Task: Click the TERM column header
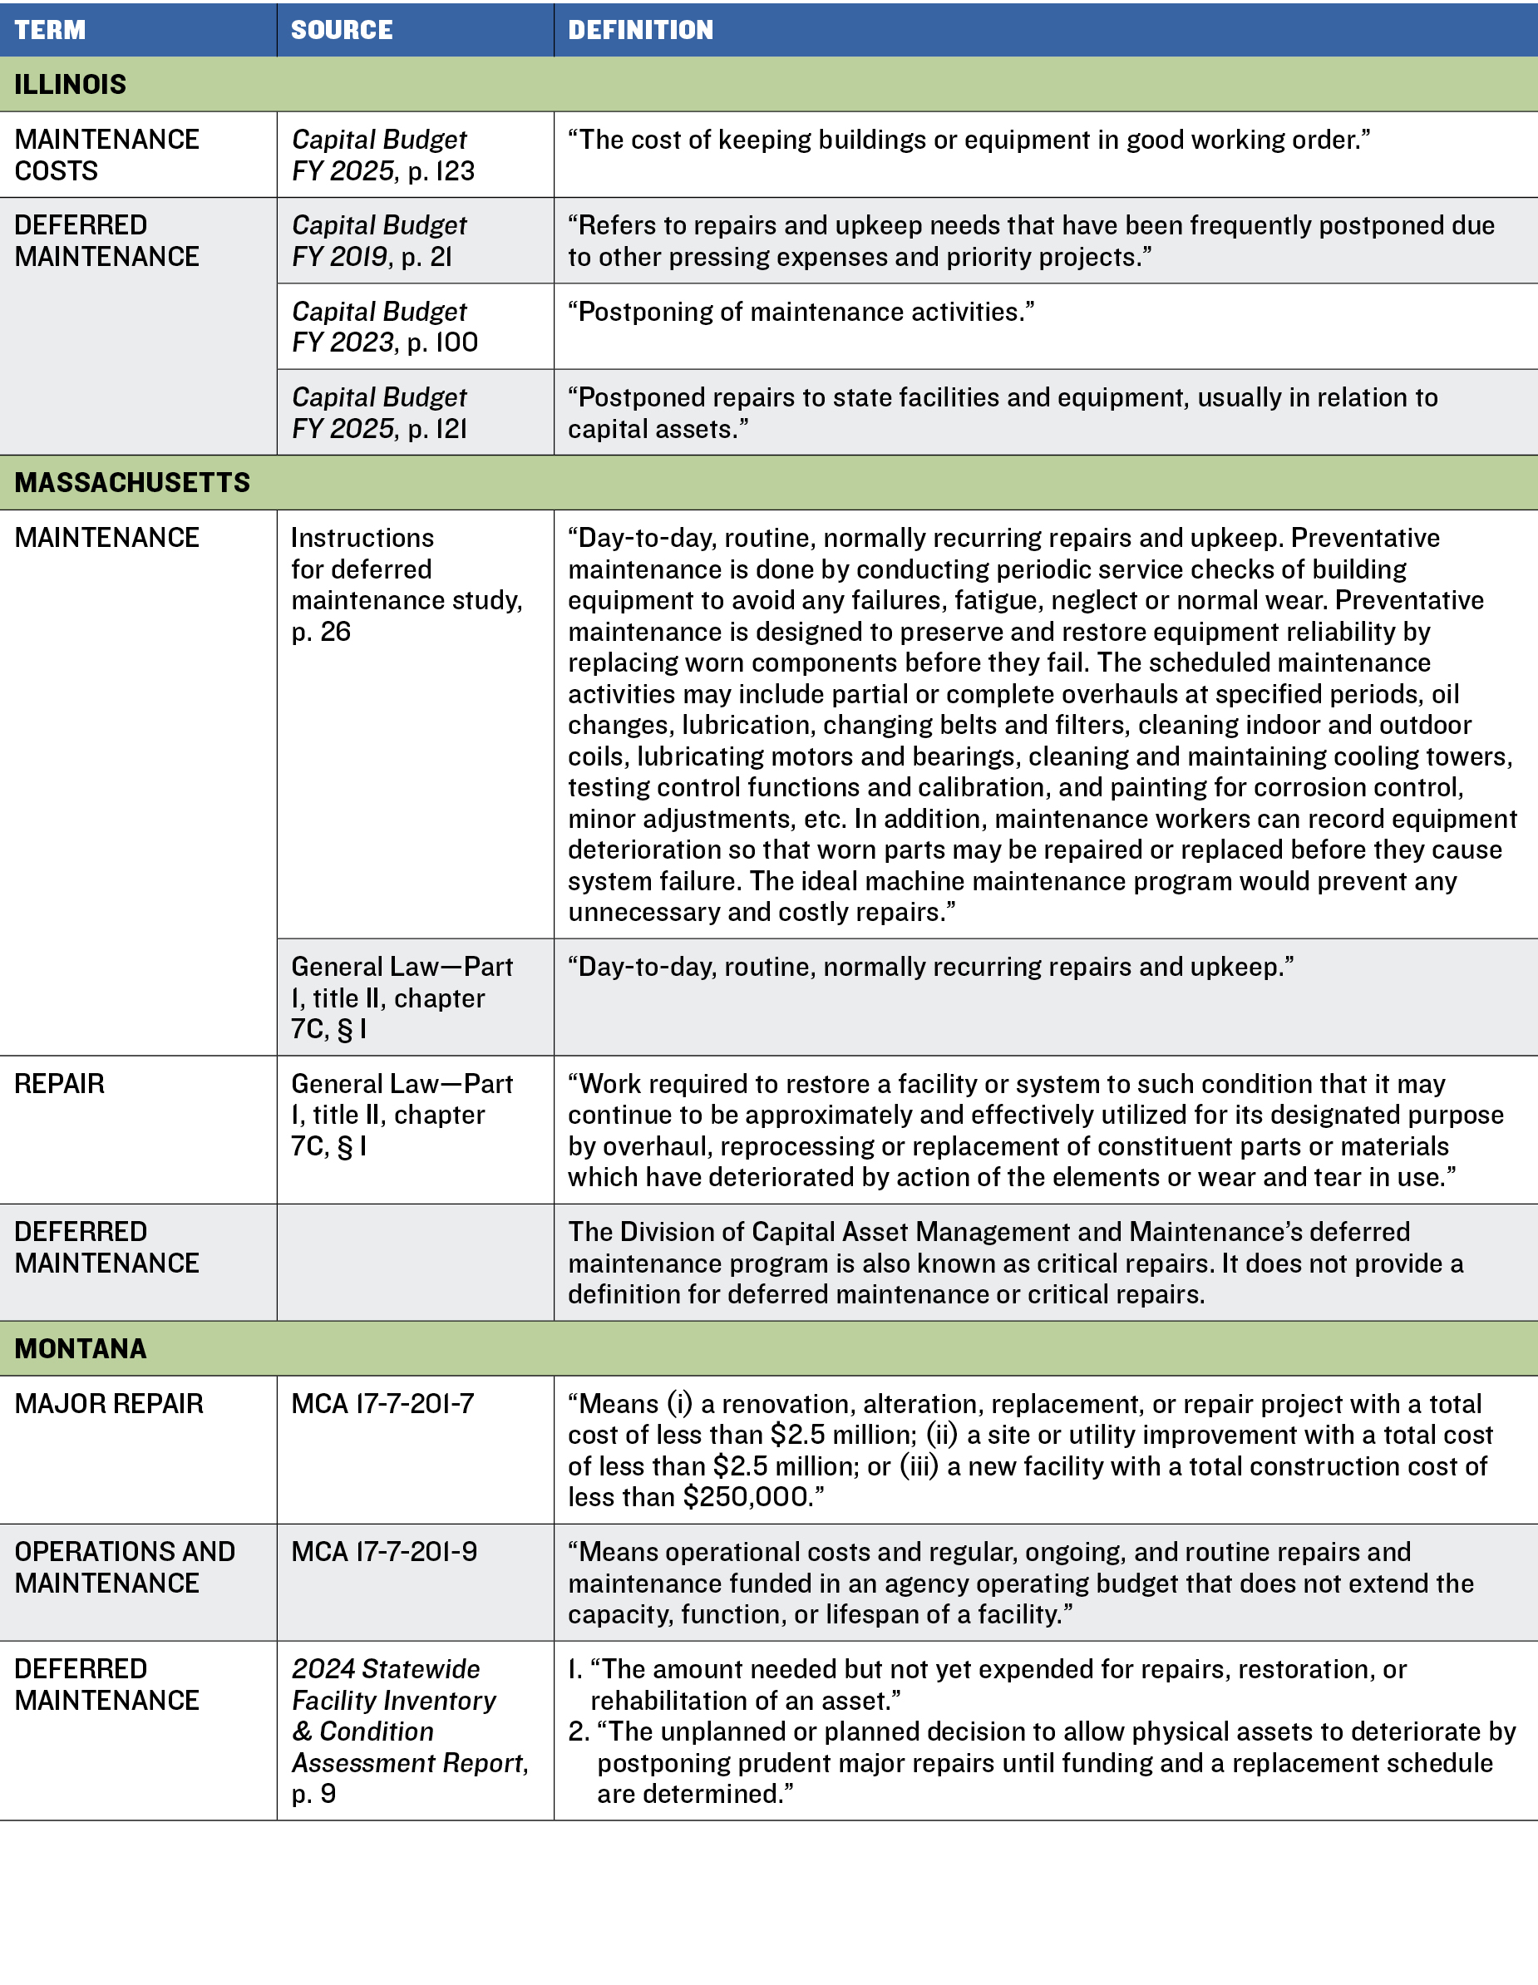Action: coord(50,30)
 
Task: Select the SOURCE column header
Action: coord(342,30)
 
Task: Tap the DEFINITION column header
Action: coord(641,30)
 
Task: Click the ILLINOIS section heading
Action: coord(70,85)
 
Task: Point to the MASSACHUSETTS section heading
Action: coord(132,483)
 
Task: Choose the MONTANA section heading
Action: coord(80,1348)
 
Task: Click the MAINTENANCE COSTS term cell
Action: coord(106,155)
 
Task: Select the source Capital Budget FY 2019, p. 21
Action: coord(378,241)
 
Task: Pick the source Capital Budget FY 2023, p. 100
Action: coord(383,327)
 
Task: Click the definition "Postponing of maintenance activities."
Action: coord(801,312)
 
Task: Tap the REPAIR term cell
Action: coord(60,1083)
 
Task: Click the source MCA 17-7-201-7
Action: coord(382,1403)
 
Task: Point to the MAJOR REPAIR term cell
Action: coord(109,1403)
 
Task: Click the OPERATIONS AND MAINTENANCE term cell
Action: coord(125,1567)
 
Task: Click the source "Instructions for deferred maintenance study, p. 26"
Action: coord(407,584)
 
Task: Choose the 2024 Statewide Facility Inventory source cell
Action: coord(409,1731)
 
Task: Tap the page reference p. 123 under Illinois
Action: coord(441,171)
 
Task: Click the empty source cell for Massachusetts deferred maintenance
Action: coord(415,1263)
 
